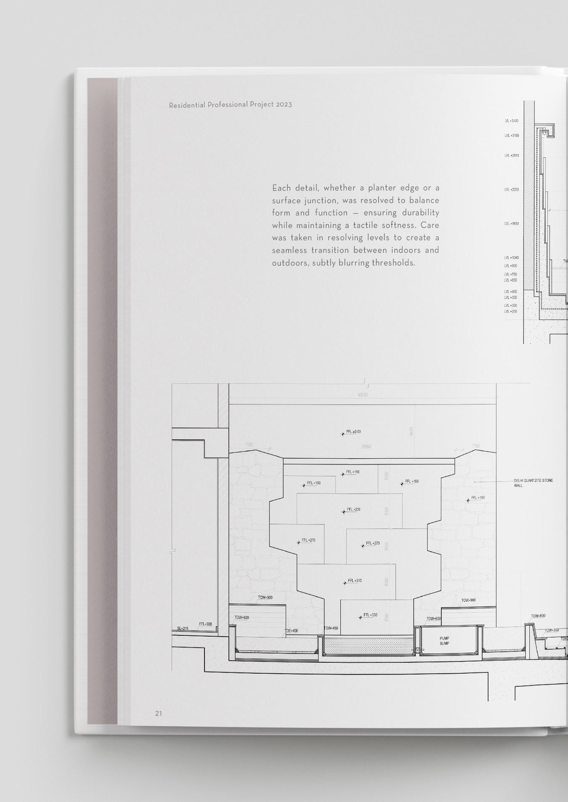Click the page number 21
coord(158,713)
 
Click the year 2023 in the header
coord(284,104)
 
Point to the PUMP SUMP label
coord(444,641)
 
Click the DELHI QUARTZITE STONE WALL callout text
coord(533,483)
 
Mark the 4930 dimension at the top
coord(362,395)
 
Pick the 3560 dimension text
coord(366,446)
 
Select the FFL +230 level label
coord(353,510)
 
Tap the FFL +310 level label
coord(354,581)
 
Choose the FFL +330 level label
coord(370,615)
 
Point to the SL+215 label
coord(183,629)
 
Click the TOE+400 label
coord(291,631)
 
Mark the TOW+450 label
coord(331,628)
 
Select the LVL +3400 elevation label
coord(512,121)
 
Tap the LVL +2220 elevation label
coord(512,190)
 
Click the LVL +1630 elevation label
coord(512,224)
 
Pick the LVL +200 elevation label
coord(511,312)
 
